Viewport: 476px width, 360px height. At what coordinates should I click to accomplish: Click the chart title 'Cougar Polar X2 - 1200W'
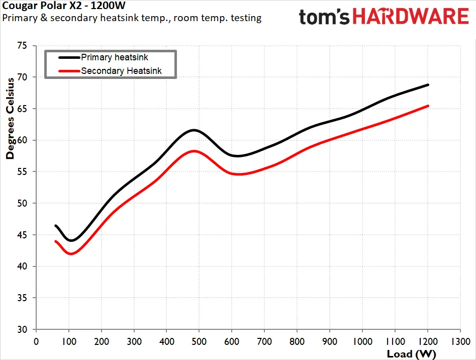tap(64, 6)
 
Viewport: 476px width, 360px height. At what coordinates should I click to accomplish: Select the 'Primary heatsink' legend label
tap(115, 57)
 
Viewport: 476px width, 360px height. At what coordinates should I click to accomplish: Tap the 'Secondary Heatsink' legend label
tap(121, 71)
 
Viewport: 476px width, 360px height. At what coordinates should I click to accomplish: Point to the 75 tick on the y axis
tap(22, 46)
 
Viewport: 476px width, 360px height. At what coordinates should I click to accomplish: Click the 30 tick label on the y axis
tap(22, 329)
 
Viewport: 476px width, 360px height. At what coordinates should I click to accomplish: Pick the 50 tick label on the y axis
tap(22, 203)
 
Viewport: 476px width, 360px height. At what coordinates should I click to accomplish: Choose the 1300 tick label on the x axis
tap(460, 342)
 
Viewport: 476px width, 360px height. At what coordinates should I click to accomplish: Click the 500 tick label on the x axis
tap(199, 342)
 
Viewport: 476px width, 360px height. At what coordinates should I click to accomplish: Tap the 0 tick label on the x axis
tap(36, 342)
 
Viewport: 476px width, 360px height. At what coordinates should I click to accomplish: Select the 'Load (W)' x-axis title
tap(411, 354)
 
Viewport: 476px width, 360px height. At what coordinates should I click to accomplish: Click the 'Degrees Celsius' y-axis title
tap(10, 118)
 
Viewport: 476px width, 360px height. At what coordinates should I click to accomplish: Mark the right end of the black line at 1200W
tap(428, 85)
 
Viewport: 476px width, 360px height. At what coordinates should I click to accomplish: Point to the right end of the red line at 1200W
tap(428, 106)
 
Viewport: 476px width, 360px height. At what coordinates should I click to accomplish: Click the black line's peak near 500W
tap(194, 130)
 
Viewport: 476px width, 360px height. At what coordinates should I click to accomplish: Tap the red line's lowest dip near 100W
tap(71, 254)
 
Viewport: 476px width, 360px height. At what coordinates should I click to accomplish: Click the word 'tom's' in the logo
tap(324, 17)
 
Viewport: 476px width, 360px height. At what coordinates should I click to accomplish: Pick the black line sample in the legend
tap(69, 57)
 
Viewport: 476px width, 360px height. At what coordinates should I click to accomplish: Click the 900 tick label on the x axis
tap(330, 342)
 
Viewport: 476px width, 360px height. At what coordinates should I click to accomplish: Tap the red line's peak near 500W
tap(194, 151)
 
